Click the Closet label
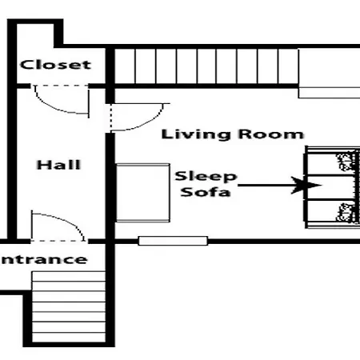[x=56, y=65]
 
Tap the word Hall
[x=58, y=165]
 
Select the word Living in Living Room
[x=196, y=134]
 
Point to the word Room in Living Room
[x=271, y=134]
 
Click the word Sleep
[x=206, y=177]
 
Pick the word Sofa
[x=206, y=192]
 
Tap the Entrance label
[x=43, y=259]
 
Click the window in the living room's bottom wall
[x=173, y=241]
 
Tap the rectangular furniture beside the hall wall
[x=143, y=193]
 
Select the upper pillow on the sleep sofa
[x=347, y=161]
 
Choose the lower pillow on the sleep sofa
[x=346, y=213]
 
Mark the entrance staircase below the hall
[x=69, y=306]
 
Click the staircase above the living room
[x=206, y=66]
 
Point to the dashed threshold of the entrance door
[x=59, y=241]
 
